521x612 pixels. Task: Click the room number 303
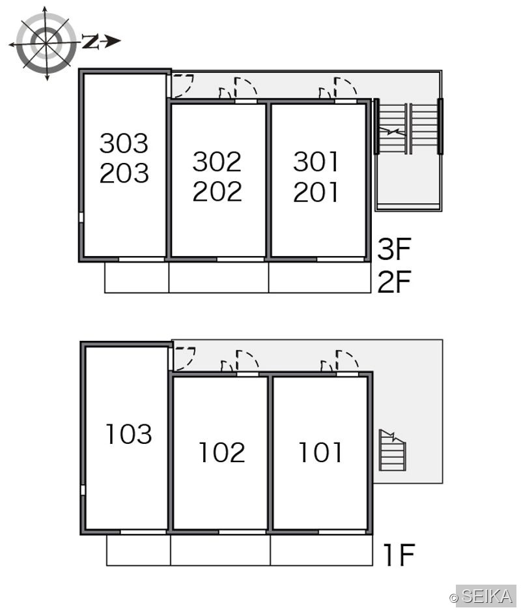(124, 143)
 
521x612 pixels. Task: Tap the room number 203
(124, 173)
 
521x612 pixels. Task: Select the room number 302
(218, 162)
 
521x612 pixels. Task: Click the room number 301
(316, 162)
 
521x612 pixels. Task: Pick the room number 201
(316, 192)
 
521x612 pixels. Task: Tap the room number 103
(129, 433)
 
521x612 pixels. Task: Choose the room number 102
(222, 452)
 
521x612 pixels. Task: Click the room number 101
(320, 452)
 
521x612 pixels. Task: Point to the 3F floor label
(394, 249)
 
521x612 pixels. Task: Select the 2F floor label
(394, 282)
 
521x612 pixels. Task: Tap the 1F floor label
(399, 555)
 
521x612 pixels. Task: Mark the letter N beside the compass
(90, 41)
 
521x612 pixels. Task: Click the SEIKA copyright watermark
(483, 596)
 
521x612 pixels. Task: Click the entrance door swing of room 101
(346, 360)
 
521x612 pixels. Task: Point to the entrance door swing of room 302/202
(246, 87)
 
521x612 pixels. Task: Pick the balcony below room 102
(220, 550)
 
